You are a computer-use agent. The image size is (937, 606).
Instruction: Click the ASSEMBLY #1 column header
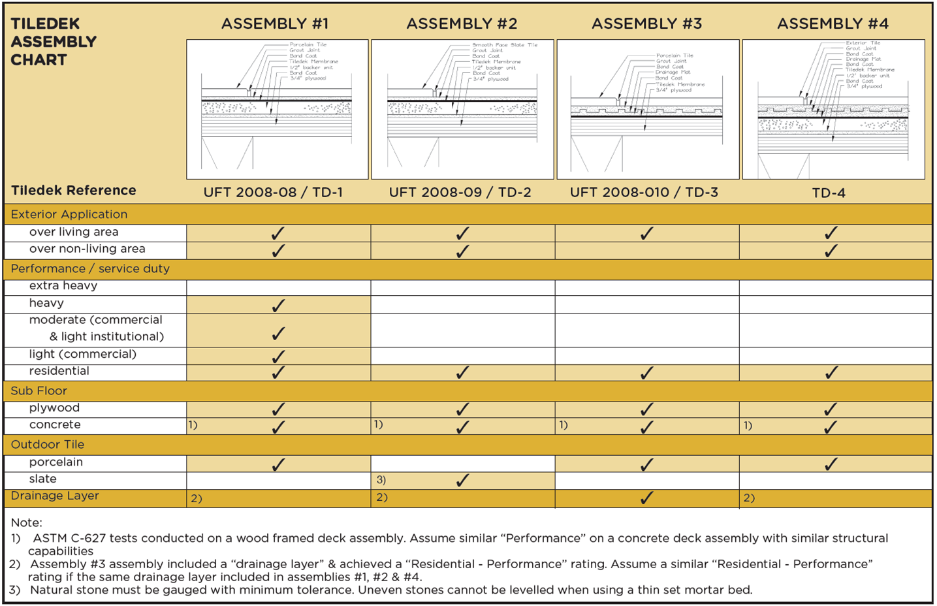click(275, 24)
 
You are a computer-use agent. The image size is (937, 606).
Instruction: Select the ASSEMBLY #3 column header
click(646, 24)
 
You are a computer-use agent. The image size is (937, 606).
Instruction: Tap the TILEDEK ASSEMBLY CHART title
click(54, 42)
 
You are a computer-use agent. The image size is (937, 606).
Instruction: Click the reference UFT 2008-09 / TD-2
click(460, 193)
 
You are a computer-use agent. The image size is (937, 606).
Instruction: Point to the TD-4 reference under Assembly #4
click(829, 193)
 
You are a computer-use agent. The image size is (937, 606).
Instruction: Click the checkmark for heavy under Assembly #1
click(278, 305)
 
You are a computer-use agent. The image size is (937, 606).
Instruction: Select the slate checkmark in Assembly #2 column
click(462, 481)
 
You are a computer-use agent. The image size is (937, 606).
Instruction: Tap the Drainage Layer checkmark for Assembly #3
click(646, 498)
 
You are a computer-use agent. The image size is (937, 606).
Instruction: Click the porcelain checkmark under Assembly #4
click(831, 464)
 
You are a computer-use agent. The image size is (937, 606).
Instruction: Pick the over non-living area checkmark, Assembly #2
click(462, 251)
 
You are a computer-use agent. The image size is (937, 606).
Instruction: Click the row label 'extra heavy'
click(63, 285)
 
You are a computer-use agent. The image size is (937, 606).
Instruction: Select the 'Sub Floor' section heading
click(39, 391)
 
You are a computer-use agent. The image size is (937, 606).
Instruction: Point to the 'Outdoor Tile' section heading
click(48, 444)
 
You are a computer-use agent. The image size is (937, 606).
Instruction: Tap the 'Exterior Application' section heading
click(69, 214)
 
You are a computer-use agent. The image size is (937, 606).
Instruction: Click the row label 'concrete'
click(55, 424)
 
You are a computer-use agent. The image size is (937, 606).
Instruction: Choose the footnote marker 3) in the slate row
click(381, 480)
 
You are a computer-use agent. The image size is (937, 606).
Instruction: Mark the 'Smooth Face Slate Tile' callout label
click(505, 45)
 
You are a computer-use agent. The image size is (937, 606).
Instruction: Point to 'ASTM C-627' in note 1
click(69, 538)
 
